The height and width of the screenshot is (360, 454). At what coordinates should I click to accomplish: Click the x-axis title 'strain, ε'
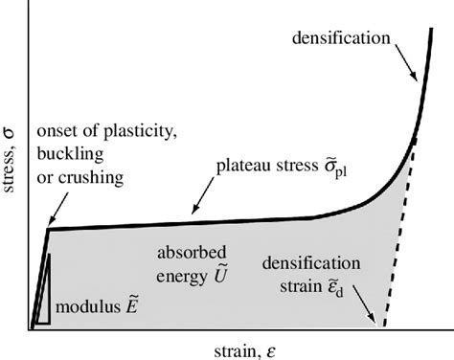pyautogui.click(x=244, y=345)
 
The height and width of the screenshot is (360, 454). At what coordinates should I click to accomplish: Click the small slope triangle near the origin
pyautogui.click(x=40, y=292)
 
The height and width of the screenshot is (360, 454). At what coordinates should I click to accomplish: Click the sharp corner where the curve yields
pyautogui.click(x=49, y=229)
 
